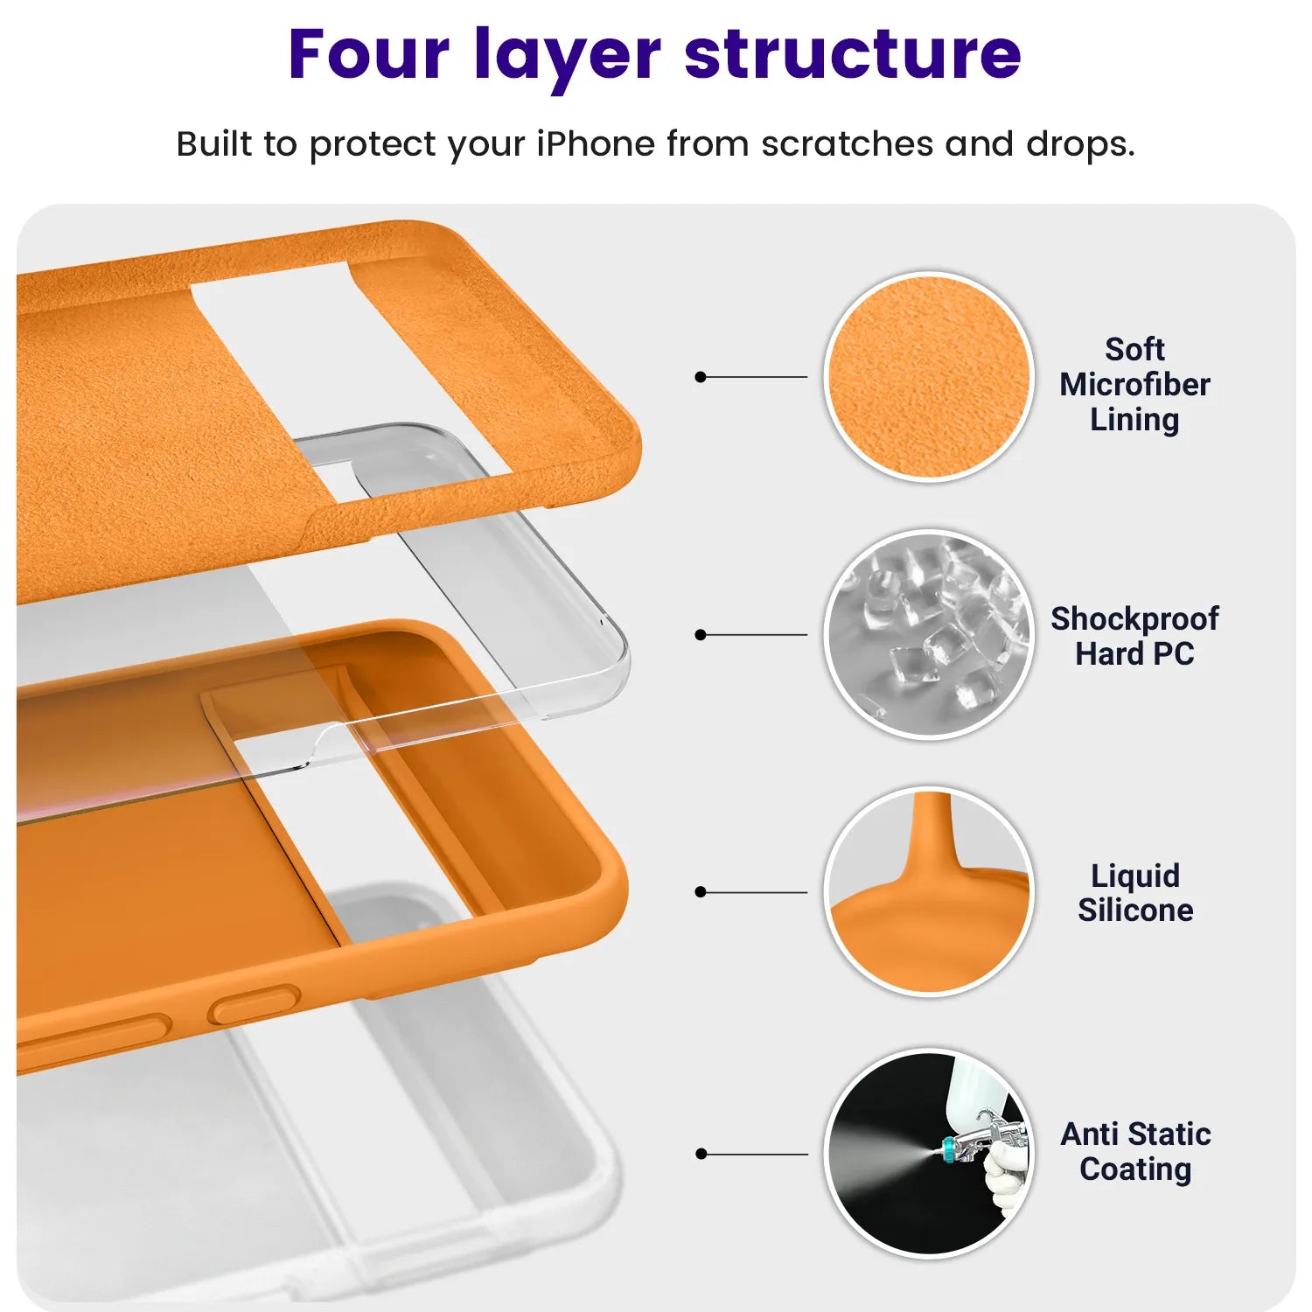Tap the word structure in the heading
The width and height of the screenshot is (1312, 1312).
coord(853,54)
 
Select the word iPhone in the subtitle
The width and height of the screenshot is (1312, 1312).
coord(595,143)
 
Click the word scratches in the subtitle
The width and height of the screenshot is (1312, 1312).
coord(847,143)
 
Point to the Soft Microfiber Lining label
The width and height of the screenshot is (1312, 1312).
coord(1134,384)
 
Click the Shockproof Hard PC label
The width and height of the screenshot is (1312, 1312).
coord(1134,636)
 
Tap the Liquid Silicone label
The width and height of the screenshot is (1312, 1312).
coord(1134,892)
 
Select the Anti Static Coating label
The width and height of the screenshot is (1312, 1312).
coord(1134,1151)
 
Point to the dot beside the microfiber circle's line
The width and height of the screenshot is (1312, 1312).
coord(700,377)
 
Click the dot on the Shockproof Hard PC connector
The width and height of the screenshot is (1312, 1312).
coord(700,635)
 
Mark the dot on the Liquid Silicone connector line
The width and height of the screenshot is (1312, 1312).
coord(700,892)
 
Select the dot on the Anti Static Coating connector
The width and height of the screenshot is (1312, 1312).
coord(700,1154)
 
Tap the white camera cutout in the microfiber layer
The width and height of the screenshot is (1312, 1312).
coord(350,376)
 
